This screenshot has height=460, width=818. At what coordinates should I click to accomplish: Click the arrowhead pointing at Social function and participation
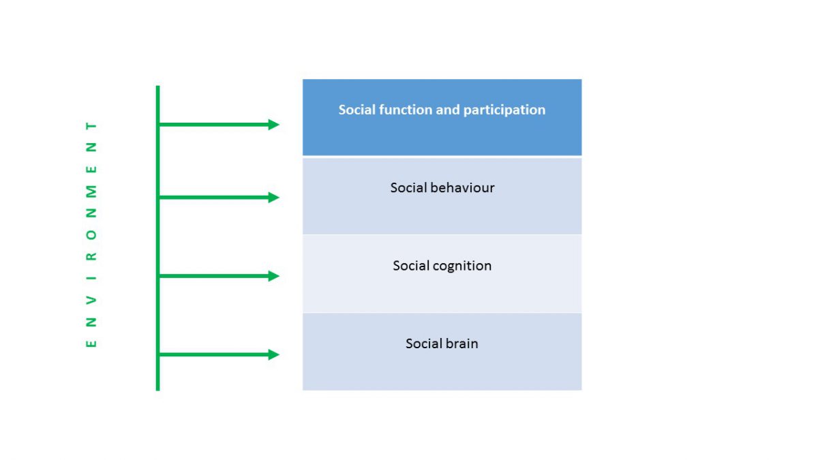[x=273, y=125]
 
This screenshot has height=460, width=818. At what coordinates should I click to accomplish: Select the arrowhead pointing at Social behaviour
[x=273, y=198]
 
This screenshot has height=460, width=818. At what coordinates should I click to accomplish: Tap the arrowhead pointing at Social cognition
[x=273, y=276]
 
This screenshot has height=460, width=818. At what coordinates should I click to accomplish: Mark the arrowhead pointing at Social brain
[x=273, y=354]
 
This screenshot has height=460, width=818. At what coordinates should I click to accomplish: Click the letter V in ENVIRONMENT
[x=91, y=299]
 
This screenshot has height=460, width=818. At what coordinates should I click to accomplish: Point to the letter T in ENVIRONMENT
[x=91, y=125]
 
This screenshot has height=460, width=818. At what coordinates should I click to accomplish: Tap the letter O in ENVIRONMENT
[x=91, y=234]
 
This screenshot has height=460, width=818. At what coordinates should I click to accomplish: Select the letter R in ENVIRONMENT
[x=91, y=256]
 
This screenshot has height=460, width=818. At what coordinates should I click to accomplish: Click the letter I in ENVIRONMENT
[x=91, y=278]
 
